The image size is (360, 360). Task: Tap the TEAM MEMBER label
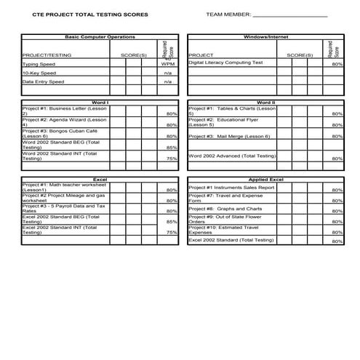click(x=228, y=15)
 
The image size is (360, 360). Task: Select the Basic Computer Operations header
click(x=100, y=36)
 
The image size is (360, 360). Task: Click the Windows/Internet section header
click(x=265, y=36)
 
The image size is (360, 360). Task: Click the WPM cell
click(x=168, y=64)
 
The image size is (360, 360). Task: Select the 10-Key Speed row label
click(x=39, y=73)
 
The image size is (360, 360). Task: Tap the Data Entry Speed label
click(x=44, y=82)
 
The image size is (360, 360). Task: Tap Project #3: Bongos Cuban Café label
click(x=58, y=133)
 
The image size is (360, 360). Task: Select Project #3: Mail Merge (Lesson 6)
click(x=229, y=136)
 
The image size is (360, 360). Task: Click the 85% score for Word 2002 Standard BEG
click(x=172, y=147)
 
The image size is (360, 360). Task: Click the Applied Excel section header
click(x=265, y=179)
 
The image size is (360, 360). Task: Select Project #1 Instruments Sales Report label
click(x=231, y=188)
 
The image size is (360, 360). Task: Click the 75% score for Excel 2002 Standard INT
click(x=172, y=233)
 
